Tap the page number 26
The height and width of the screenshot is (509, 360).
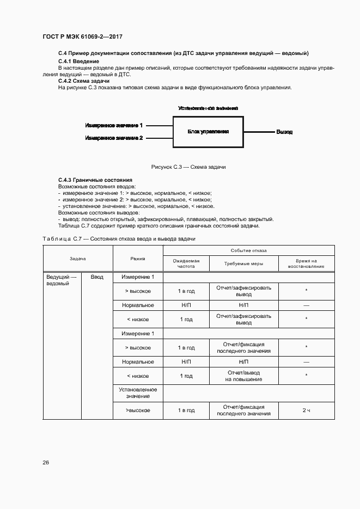click(46, 463)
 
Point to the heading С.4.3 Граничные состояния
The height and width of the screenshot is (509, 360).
click(95, 180)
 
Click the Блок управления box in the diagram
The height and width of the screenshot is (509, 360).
click(208, 132)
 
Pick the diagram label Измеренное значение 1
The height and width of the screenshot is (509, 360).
click(114, 125)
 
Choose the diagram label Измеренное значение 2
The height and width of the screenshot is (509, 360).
click(114, 138)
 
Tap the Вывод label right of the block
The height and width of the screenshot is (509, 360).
click(284, 132)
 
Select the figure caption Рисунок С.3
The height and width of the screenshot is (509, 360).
click(188, 167)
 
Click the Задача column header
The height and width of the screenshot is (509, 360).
click(77, 259)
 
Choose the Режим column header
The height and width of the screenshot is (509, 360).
click(138, 259)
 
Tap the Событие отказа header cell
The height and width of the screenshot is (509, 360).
click(248, 250)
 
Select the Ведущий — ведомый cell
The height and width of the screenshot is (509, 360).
click(62, 280)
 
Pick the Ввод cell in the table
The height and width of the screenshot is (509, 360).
click(97, 277)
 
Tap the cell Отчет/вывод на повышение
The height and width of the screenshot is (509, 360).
click(243, 376)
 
